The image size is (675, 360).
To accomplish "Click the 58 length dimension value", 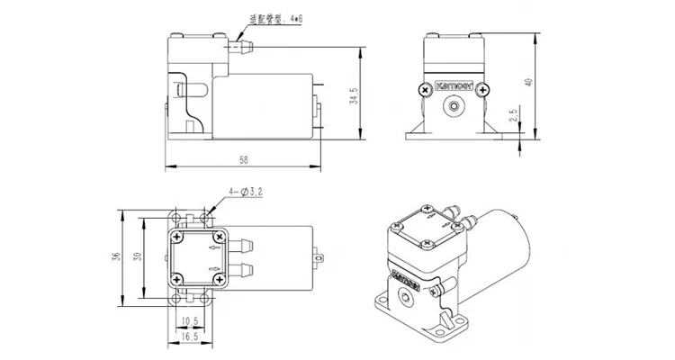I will [x=243, y=160].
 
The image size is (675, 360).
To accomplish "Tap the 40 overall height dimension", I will [x=529, y=82].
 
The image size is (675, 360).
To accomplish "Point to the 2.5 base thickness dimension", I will [x=512, y=116].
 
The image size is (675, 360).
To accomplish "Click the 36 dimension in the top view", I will [x=115, y=256].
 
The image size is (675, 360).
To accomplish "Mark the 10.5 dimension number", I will [x=190, y=320].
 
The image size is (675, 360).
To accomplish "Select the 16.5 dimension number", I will [x=190, y=336].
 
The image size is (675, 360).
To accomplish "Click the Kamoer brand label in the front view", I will [x=454, y=88].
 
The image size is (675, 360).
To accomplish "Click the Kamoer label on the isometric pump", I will [x=405, y=274].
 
